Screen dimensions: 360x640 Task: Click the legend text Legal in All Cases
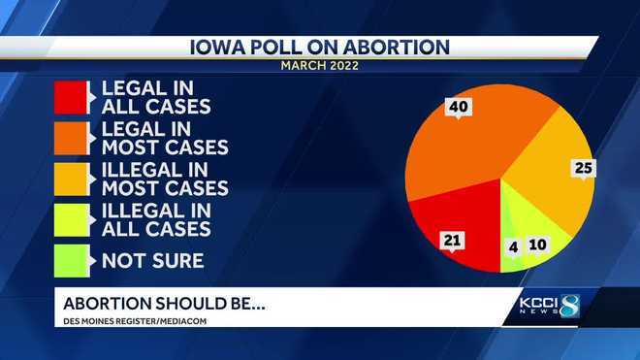coord(157,97)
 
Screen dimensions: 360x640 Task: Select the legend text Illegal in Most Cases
coord(165,180)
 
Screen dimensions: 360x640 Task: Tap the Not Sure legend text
coord(152,260)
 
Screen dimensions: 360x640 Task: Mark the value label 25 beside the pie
coord(582,168)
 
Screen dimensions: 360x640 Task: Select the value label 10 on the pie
coord(536,245)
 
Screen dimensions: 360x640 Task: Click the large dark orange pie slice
coord(465,146)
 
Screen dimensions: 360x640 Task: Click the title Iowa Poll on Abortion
coord(320,47)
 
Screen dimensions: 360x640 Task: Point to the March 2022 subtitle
coord(320,66)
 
